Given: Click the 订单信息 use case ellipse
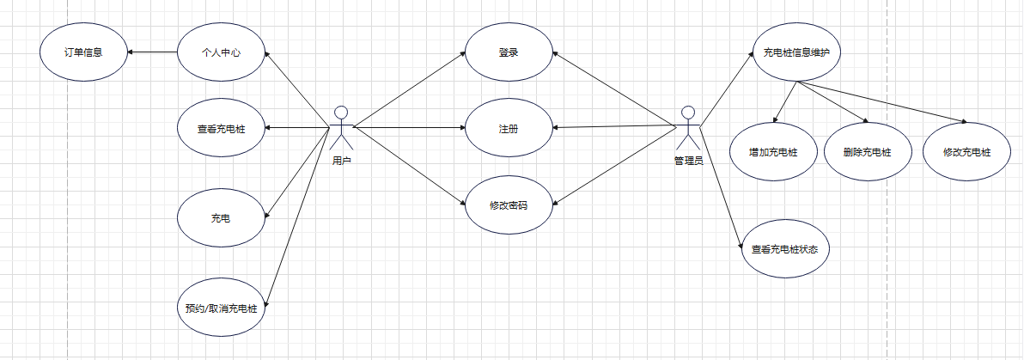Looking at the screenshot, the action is coord(84,52).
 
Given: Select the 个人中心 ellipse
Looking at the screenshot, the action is coord(221,52).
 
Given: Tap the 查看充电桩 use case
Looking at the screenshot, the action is coord(221,128).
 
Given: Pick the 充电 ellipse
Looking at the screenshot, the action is coord(221,219).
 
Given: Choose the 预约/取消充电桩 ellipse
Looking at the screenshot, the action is coord(221,308).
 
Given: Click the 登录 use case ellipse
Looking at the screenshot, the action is coord(509,52).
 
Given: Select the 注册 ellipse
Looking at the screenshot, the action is coord(509,129).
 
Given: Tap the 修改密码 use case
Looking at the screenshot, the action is coord(509,206).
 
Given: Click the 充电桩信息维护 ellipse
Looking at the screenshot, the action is coord(795,52).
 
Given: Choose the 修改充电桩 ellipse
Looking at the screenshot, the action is coord(966,152).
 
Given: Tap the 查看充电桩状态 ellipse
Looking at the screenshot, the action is coord(784,250).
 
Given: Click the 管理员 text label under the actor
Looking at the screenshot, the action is coord(688,161).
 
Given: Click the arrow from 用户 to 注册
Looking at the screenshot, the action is coord(409,129).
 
